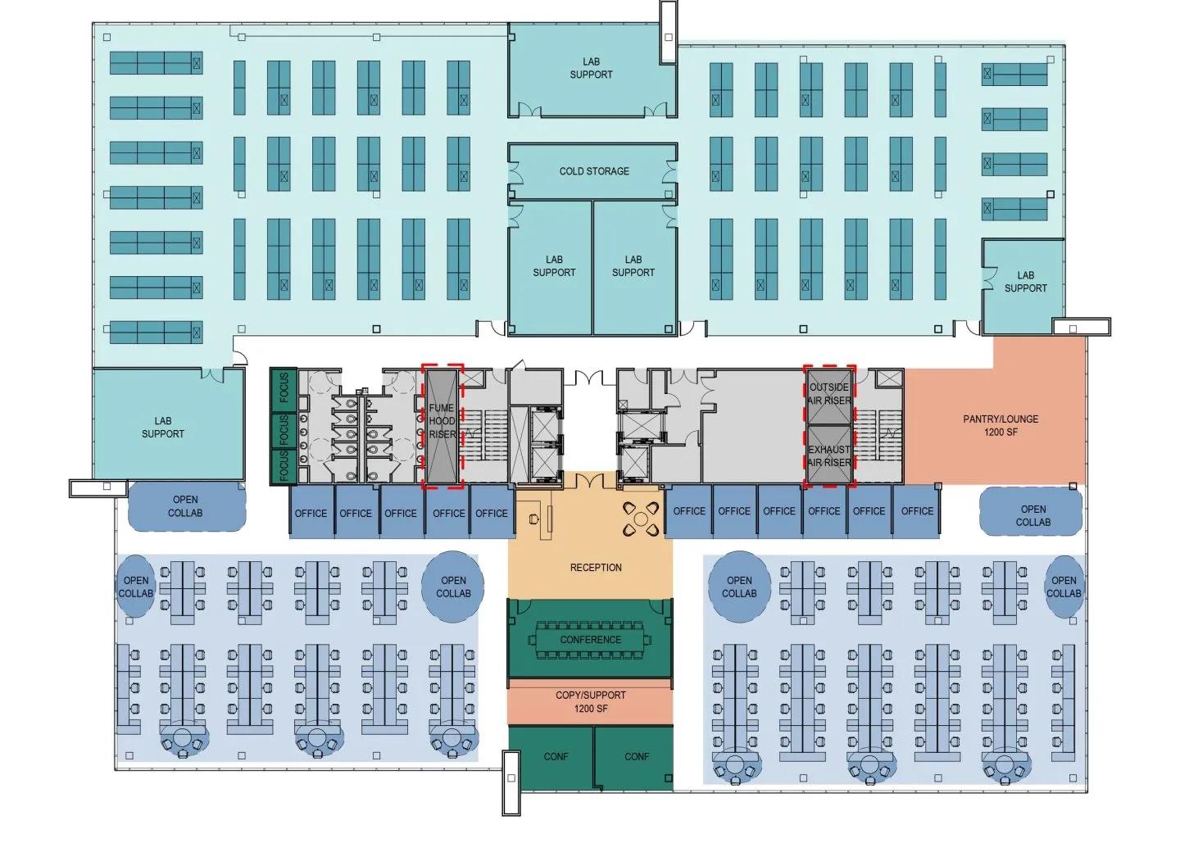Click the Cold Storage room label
(594, 171)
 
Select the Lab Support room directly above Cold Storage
(591, 68)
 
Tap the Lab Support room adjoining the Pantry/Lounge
(1025, 282)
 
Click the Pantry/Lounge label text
(1001, 419)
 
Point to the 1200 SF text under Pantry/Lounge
(1001, 432)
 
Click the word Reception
(596, 567)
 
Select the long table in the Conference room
(591, 640)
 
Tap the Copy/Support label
(591, 695)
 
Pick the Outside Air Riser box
(829, 395)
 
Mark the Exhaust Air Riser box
(829, 455)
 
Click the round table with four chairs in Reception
(641, 518)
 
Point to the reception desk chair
(534, 519)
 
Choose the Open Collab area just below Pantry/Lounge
(1032, 515)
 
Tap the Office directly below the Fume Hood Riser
(448, 513)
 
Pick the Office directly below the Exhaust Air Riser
(824, 511)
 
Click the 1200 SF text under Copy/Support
(591, 709)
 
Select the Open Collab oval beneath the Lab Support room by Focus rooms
(186, 506)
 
